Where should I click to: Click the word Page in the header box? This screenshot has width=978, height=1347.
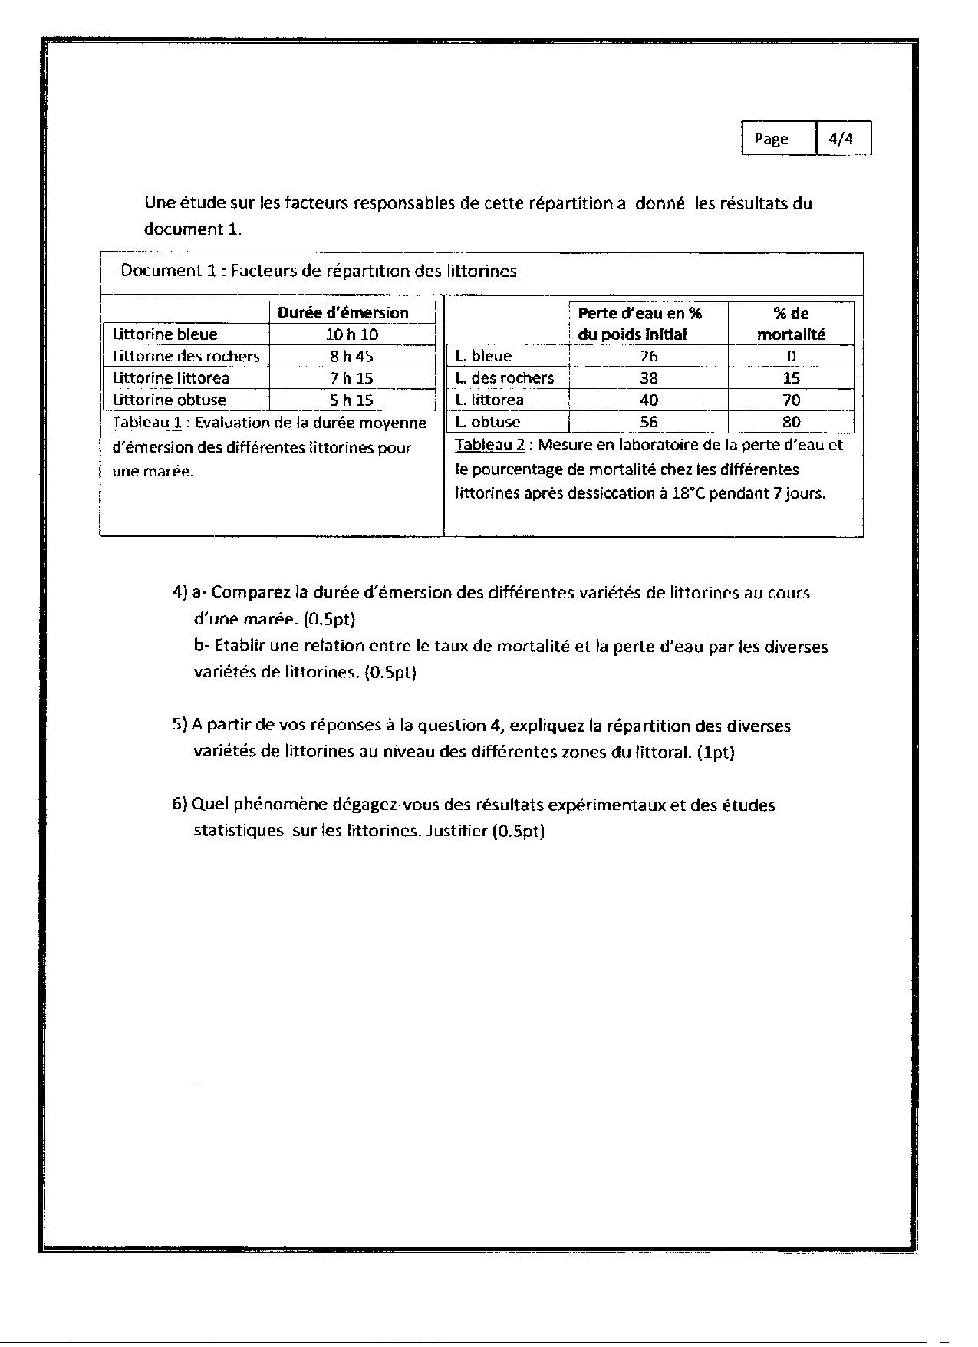click(x=771, y=139)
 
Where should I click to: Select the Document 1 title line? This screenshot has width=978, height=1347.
click(x=318, y=271)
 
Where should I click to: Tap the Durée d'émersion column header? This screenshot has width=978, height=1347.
click(x=343, y=312)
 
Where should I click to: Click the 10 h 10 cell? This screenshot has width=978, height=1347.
click(x=352, y=334)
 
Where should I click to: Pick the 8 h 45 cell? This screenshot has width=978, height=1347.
click(x=352, y=356)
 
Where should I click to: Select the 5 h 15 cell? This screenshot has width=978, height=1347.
click(x=352, y=400)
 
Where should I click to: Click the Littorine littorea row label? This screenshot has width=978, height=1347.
click(x=170, y=378)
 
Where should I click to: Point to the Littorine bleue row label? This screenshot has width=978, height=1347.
click(x=164, y=334)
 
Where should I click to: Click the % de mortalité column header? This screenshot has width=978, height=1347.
click(x=791, y=324)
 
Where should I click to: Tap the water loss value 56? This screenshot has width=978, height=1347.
click(x=649, y=422)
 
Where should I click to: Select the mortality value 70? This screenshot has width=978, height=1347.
click(x=791, y=400)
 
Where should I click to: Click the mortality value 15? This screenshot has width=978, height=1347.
click(x=791, y=378)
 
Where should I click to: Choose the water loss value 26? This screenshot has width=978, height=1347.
click(x=649, y=356)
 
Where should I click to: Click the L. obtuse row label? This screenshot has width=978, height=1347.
click(x=487, y=422)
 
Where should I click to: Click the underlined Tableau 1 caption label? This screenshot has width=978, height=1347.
click(x=147, y=423)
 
